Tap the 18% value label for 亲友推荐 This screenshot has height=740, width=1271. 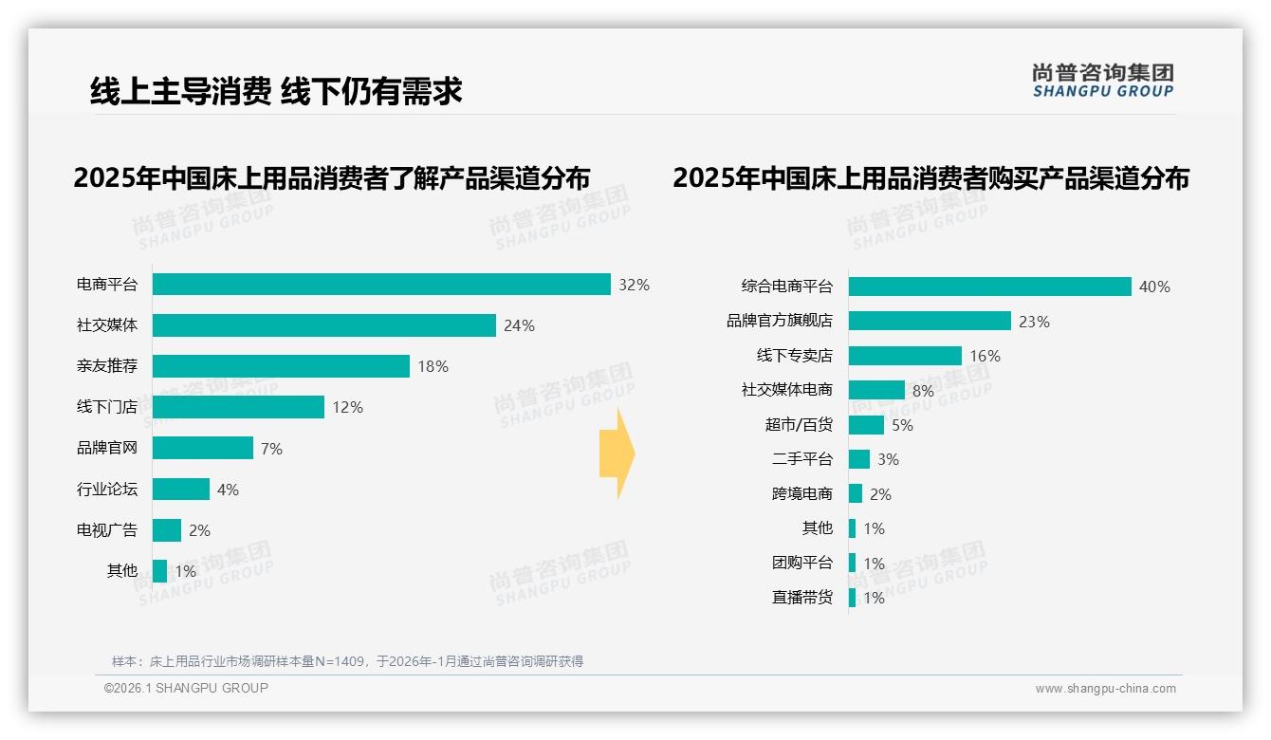[433, 366]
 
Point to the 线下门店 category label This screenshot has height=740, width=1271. [107, 407]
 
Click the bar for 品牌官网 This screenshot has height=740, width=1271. [203, 448]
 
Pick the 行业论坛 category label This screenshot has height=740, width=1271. [107, 490]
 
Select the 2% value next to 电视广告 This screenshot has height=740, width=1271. [199, 530]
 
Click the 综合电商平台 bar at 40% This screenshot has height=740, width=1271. [989, 287]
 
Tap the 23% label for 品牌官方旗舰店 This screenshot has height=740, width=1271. [1034, 322]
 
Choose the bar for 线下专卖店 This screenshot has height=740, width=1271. [905, 356]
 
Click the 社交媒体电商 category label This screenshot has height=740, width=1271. [786, 390]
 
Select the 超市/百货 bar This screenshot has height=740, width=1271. [866, 425]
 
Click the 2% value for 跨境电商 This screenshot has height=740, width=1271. [880, 494]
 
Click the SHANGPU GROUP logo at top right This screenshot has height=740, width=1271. [1102, 81]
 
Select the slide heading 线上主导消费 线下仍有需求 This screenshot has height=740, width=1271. [276, 91]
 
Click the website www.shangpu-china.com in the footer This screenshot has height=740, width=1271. [1105, 689]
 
